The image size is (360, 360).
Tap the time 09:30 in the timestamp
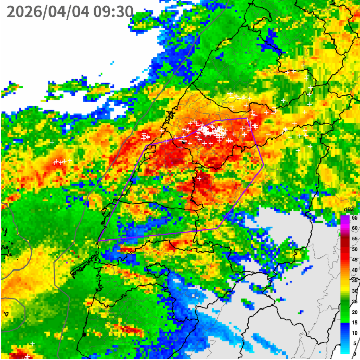click(x=113, y=11)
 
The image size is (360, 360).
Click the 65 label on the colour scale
click(x=354, y=217)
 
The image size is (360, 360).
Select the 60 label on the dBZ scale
click(x=354, y=228)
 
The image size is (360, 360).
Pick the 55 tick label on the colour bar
click(x=354, y=238)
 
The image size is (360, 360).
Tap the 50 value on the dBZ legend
click(x=354, y=249)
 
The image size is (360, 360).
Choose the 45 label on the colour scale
click(x=354, y=259)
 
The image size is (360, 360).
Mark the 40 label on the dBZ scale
click(x=354, y=270)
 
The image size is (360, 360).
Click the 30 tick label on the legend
click(x=354, y=291)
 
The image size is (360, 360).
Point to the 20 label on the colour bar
click(x=354, y=312)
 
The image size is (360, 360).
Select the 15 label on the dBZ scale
click(x=354, y=323)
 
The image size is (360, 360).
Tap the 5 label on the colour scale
click(x=355, y=343)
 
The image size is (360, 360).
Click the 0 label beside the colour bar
click(x=355, y=354)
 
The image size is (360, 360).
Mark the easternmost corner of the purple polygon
click(x=264, y=165)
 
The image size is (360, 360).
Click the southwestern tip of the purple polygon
click(x=98, y=241)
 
